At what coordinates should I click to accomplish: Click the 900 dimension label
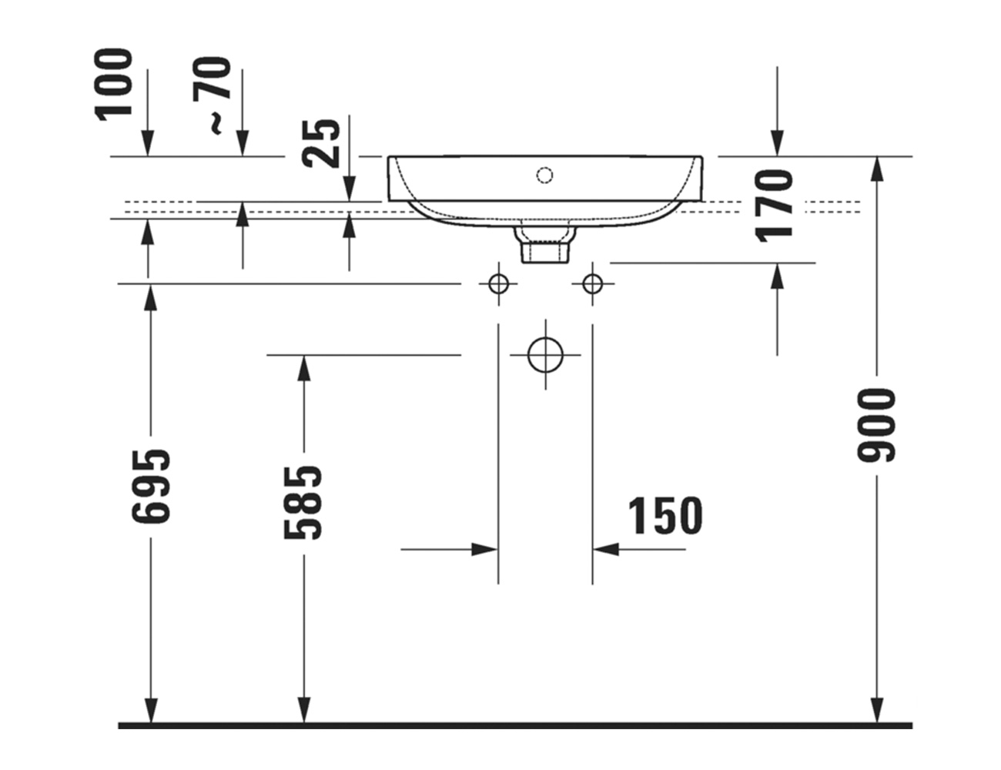click(875, 425)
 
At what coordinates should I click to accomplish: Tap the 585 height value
click(303, 503)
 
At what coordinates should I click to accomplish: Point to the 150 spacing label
click(665, 515)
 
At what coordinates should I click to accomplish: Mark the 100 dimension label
click(113, 85)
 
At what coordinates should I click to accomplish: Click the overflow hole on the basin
click(544, 175)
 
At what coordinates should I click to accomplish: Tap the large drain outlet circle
click(545, 355)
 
